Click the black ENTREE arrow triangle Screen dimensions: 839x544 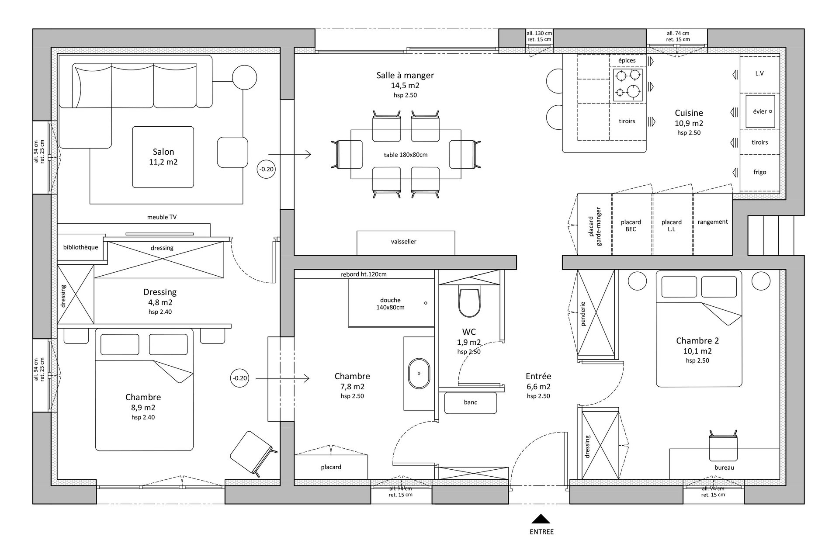coord(541,519)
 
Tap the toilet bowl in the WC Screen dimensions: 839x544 coord(469,301)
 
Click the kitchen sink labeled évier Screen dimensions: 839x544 coord(760,111)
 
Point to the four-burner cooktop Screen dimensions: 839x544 coord(627,85)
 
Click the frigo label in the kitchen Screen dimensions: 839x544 coord(760,172)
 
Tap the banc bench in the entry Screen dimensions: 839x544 coord(471,403)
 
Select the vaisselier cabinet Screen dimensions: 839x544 coord(406,243)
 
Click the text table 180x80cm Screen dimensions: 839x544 coord(406,155)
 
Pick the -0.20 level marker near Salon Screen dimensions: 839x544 coord(267,169)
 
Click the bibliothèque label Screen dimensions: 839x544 coord(81,247)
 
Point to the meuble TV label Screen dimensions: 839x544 coord(162,217)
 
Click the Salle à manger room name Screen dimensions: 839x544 coord(405,75)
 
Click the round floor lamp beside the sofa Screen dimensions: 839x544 coord(244,77)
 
